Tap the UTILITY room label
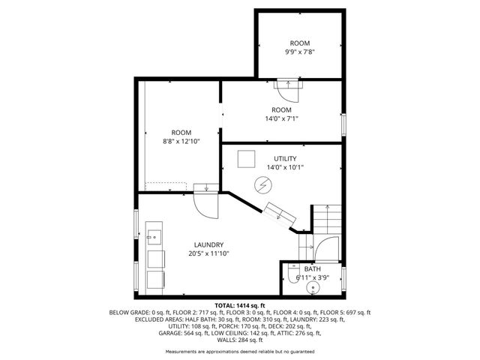(x=285, y=158)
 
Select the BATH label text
(x=312, y=268)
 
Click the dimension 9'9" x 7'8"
(x=300, y=52)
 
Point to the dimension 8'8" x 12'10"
(x=181, y=141)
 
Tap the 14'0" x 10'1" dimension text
(x=285, y=167)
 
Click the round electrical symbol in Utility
(x=263, y=184)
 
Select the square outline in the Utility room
(x=245, y=159)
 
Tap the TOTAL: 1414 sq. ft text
(x=240, y=305)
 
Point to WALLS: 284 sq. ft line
(x=240, y=339)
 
